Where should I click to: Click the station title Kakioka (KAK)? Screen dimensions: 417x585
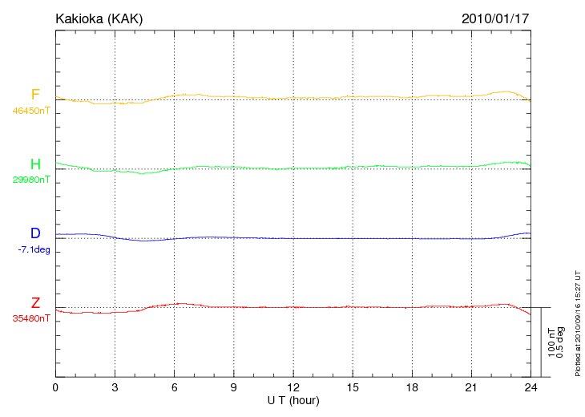click(x=99, y=18)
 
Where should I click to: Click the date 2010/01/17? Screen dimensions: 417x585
click(x=495, y=18)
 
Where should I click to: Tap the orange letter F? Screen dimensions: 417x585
click(x=35, y=95)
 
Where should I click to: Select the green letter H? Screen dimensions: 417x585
click(x=35, y=164)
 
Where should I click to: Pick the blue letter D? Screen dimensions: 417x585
click(x=35, y=233)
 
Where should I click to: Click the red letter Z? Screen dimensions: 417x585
click(x=35, y=302)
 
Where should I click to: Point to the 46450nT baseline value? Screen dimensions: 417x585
click(x=31, y=111)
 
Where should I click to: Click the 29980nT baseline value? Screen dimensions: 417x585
click(x=31, y=180)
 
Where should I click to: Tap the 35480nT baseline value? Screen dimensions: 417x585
click(x=31, y=318)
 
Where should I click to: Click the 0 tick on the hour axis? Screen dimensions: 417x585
click(x=55, y=387)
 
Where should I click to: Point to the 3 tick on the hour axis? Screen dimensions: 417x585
click(x=115, y=387)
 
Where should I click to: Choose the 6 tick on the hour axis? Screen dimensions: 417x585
click(x=175, y=387)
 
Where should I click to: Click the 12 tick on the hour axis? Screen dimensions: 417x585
click(x=294, y=387)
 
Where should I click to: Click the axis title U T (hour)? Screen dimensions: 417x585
click(x=293, y=399)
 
